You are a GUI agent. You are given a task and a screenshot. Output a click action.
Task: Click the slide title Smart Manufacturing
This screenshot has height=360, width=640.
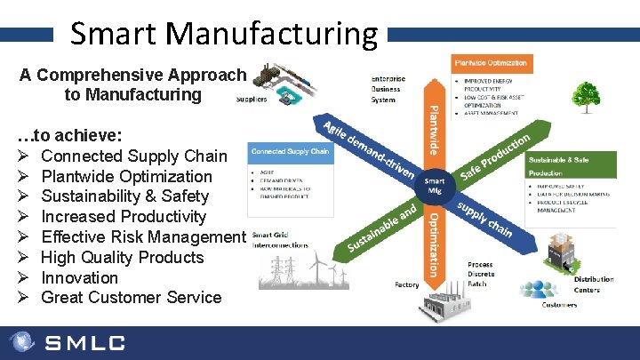pyautogui.click(x=223, y=33)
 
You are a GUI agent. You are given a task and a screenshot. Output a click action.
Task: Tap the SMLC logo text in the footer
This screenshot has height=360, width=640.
pyautogui.click(x=85, y=342)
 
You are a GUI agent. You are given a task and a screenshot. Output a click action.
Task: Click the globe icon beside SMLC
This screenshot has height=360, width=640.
pyautogui.click(x=22, y=342)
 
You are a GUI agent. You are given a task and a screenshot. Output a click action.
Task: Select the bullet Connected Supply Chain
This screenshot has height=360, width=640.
pyautogui.click(x=134, y=156)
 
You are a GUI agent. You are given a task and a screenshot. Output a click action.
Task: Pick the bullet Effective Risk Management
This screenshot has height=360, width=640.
pyautogui.click(x=142, y=236)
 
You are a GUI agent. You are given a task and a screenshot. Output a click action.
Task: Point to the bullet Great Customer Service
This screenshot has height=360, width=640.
pyautogui.click(x=131, y=297)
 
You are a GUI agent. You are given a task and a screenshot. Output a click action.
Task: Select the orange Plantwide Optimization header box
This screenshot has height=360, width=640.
pyautogui.click(x=491, y=63)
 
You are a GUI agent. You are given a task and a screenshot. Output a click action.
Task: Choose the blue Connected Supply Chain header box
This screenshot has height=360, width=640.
pyautogui.click(x=290, y=151)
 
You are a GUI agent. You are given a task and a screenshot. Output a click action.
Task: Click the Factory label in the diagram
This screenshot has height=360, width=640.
pyautogui.click(x=406, y=285)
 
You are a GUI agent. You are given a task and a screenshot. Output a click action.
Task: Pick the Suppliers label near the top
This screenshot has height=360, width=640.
pyautogui.click(x=252, y=100)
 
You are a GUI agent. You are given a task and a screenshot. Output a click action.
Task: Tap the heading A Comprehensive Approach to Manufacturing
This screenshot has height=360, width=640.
pyautogui.click(x=132, y=84)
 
